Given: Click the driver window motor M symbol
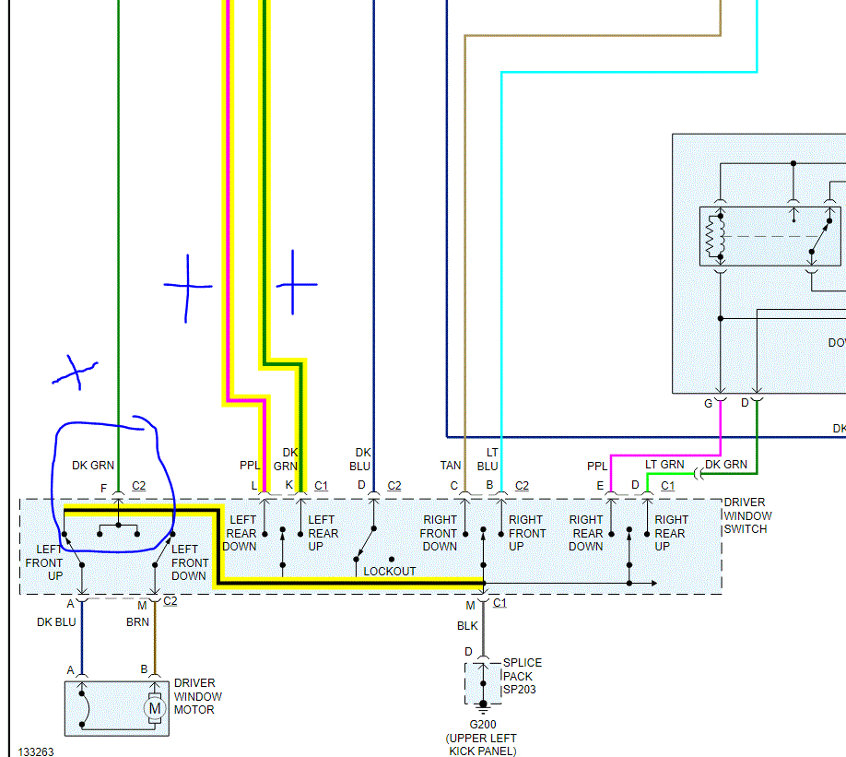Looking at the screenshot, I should pyautogui.click(x=155, y=708).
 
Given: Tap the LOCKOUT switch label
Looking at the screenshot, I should pyautogui.click(x=389, y=572).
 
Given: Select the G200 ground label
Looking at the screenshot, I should pyautogui.click(x=482, y=725).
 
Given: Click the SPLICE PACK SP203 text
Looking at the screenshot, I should pyautogui.click(x=522, y=676).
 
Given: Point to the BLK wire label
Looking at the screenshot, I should pyautogui.click(x=468, y=625).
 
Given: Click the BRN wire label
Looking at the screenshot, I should pyautogui.click(x=137, y=622).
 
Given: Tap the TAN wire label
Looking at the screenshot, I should pyautogui.click(x=451, y=466).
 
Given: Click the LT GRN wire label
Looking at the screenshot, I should pyautogui.click(x=664, y=465).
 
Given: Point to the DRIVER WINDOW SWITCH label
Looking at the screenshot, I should pyautogui.click(x=747, y=515).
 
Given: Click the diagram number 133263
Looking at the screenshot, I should pyautogui.click(x=36, y=751).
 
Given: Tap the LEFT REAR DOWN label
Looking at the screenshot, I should pyautogui.click(x=242, y=533).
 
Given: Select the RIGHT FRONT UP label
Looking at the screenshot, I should pyautogui.click(x=525, y=533).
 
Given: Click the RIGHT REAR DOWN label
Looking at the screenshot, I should pyautogui.click(x=586, y=533).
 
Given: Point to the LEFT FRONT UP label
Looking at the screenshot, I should pyautogui.click(x=43, y=562).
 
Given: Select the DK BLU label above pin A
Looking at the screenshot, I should pyautogui.click(x=56, y=622).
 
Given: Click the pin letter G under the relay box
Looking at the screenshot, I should pyautogui.click(x=709, y=403).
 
